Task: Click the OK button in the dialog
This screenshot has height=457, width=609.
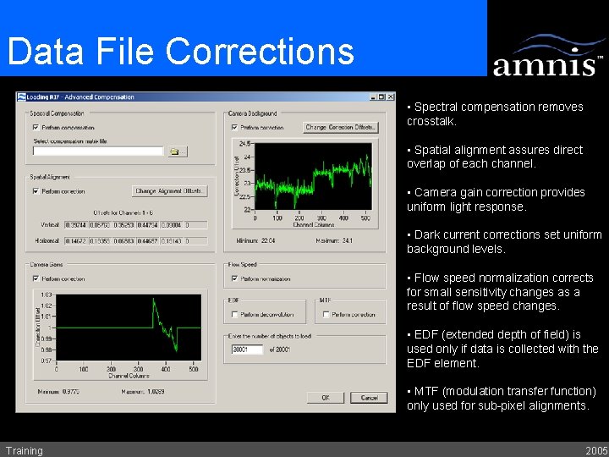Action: pyautogui.click(x=326, y=397)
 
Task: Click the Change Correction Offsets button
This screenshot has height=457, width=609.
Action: pyautogui.click(x=341, y=127)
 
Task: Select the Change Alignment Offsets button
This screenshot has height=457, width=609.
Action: pyautogui.click(x=169, y=191)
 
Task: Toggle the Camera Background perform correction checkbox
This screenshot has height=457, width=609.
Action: pyautogui.click(x=234, y=128)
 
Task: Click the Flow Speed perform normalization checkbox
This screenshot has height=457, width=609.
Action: pyautogui.click(x=234, y=278)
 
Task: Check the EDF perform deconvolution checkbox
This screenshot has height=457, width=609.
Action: pyautogui.click(x=234, y=315)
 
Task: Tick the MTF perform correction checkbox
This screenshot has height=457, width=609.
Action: pyautogui.click(x=325, y=315)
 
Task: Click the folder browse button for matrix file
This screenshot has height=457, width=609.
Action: pyautogui.click(x=176, y=151)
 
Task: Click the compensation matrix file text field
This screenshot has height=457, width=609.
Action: pyautogui.click(x=97, y=151)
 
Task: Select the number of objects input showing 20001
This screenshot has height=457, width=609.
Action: pyautogui.click(x=246, y=350)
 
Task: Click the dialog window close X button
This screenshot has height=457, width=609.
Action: pyautogui.click(x=390, y=97)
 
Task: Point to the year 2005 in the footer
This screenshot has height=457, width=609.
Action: pyautogui.click(x=595, y=450)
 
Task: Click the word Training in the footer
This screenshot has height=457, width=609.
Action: pyautogui.click(x=24, y=450)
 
